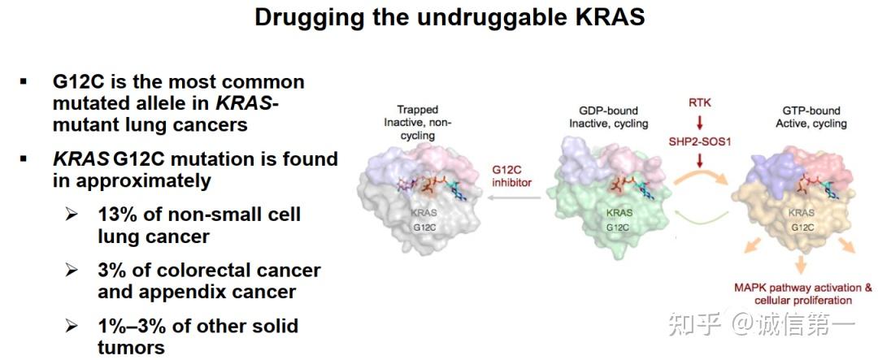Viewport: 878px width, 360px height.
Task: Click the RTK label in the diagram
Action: coord(700,102)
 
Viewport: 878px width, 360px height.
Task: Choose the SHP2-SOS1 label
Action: coord(700,142)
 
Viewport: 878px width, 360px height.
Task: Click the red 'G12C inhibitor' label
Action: coord(511,176)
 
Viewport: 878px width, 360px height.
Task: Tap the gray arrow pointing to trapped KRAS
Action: coord(514,197)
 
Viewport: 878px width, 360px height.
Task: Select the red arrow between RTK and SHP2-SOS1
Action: coord(700,123)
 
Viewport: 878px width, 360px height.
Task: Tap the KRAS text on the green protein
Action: coord(619,213)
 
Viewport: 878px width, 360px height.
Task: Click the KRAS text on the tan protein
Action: coord(802,213)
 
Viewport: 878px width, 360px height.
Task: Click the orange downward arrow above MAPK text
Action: coord(800,265)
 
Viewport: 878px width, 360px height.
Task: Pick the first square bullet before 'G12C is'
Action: coord(23,81)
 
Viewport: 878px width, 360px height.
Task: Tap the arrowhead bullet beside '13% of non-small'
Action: coord(72,215)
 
